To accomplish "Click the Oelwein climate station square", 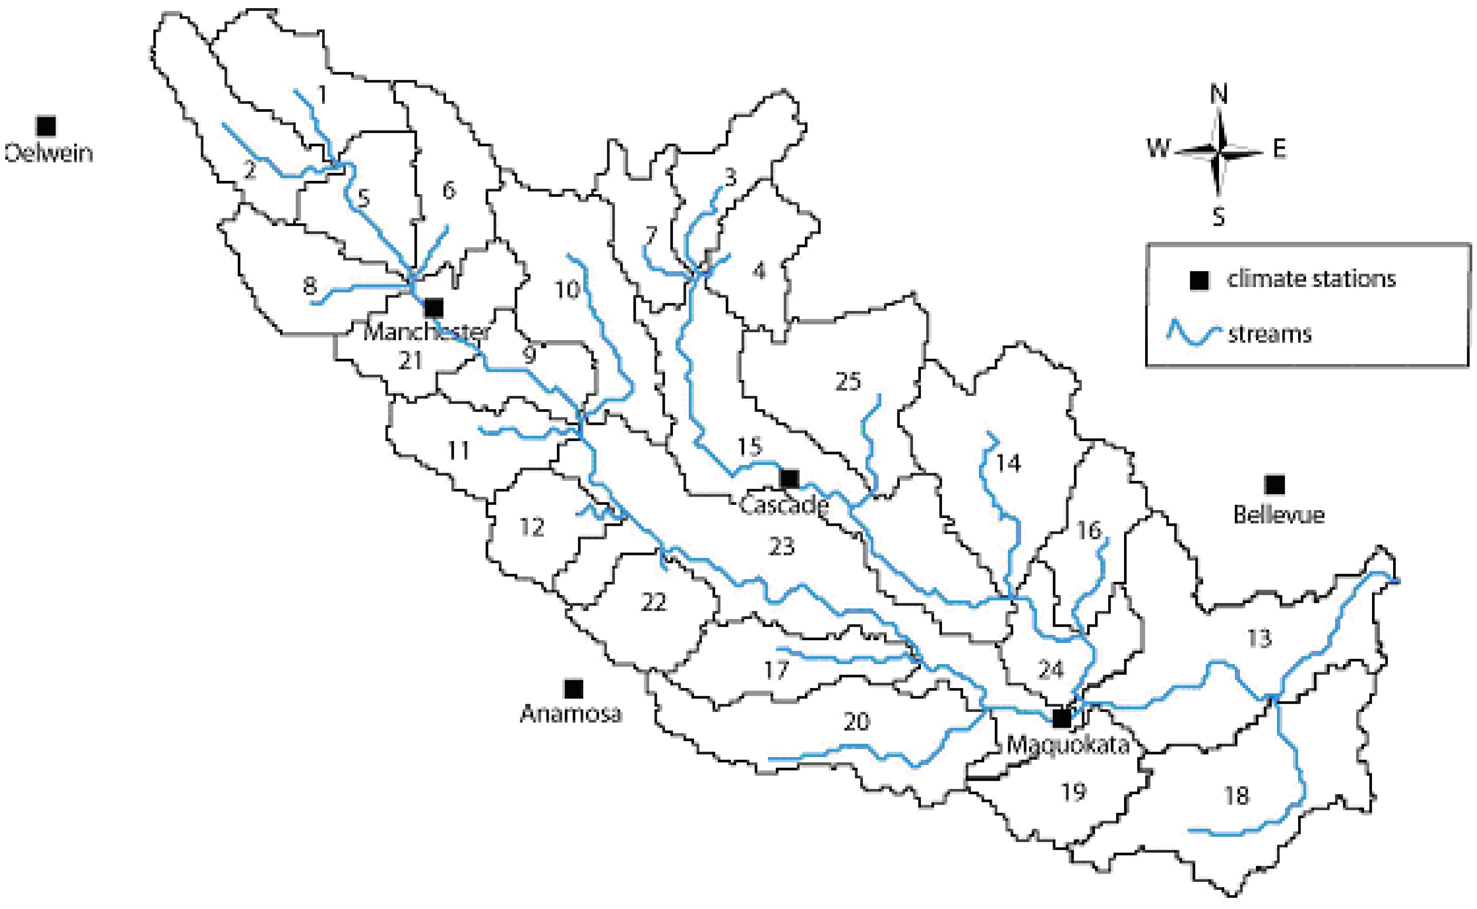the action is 46,126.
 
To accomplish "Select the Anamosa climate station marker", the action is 574,689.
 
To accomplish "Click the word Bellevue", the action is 1279,515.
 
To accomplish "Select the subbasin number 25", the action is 848,381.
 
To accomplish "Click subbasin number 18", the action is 1236,796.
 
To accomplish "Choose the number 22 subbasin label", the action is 654,602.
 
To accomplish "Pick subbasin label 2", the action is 249,171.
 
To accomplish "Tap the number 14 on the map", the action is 1008,463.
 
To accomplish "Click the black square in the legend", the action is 1199,280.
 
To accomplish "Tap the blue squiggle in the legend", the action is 1194,334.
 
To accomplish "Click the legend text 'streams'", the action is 1270,334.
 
